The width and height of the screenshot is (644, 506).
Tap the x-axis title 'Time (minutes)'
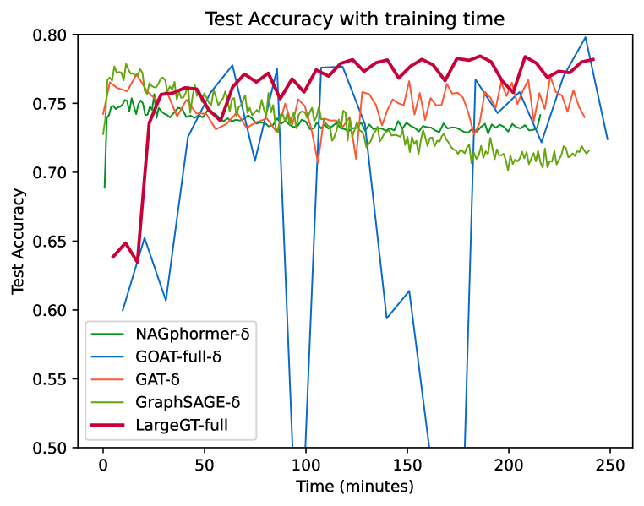[355, 487]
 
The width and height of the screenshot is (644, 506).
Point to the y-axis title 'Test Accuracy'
[18, 242]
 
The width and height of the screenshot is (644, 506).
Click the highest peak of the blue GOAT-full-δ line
[586, 37]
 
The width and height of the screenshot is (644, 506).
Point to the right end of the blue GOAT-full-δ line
[607, 139]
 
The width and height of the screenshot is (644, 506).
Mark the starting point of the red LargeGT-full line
[112, 257]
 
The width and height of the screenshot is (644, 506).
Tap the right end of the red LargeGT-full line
[593, 59]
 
